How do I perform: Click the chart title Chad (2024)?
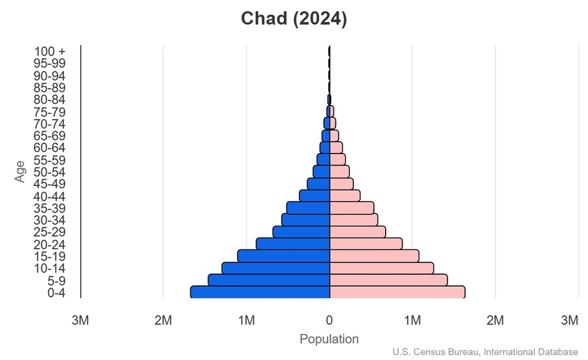(294, 19)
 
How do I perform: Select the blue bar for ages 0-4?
(260, 292)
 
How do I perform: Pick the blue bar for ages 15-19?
(283, 256)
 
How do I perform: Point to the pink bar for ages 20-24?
(366, 244)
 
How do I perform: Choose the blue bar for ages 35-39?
(308, 208)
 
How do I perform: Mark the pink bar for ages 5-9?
(388, 280)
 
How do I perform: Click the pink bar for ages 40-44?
(345, 196)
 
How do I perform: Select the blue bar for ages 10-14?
(275, 268)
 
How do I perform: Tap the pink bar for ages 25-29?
(358, 232)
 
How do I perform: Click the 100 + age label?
(50, 52)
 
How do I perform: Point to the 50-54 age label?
(50, 172)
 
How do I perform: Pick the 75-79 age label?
(50, 112)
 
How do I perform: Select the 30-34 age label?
(50, 220)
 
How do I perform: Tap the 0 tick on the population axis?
(329, 321)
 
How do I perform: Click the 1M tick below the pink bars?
(412, 321)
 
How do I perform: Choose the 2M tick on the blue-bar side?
(163, 321)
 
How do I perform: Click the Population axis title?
(329, 339)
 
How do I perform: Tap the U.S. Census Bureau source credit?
(486, 352)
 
